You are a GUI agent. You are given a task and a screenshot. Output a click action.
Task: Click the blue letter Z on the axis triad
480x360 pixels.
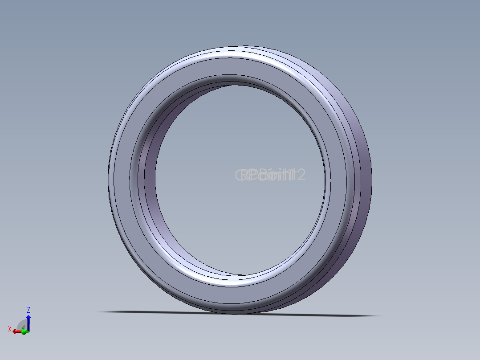coord(28,309)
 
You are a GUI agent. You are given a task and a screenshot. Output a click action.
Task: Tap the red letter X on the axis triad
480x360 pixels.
coord(9,329)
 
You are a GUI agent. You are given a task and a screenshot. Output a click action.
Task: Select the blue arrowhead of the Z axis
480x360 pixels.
coord(28,317)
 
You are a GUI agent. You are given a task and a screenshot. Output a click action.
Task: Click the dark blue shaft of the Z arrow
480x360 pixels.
coord(28,324)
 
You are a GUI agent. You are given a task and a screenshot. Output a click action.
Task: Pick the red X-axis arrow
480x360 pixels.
coord(16,331)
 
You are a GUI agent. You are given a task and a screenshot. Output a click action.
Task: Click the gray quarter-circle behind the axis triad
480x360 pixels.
coord(20,324)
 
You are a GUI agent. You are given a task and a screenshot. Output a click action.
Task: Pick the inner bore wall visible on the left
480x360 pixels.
coord(149,178)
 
